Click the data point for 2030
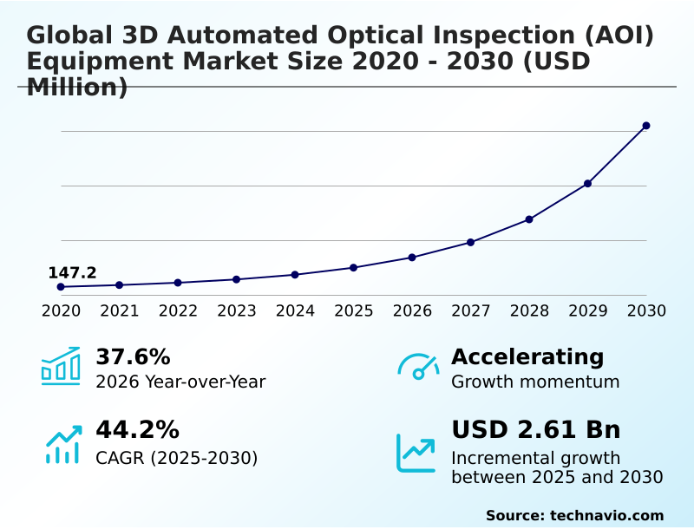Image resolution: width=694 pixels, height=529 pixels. (646, 126)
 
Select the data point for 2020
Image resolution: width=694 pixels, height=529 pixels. (61, 287)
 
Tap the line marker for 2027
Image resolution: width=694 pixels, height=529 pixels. (471, 242)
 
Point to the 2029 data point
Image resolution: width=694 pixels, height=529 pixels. (587, 184)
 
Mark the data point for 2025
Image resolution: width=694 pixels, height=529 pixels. (354, 267)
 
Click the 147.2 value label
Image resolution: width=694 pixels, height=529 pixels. (72, 273)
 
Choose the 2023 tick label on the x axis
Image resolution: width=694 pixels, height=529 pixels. (237, 310)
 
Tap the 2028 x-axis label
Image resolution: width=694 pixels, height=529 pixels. (529, 310)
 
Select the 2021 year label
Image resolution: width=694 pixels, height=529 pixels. (120, 310)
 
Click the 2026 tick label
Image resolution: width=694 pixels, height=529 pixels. (412, 310)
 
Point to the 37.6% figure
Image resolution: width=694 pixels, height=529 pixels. (133, 357)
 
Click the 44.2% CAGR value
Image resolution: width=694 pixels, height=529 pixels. (137, 430)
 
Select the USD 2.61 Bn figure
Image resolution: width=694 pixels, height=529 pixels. (536, 430)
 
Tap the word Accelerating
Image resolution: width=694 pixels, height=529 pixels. (527, 357)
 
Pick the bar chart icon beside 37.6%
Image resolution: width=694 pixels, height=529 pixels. (61, 366)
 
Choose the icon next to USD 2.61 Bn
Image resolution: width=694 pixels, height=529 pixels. (416, 453)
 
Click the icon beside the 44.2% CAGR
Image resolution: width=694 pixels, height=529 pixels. (62, 444)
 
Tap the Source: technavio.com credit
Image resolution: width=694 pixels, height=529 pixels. (574, 515)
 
